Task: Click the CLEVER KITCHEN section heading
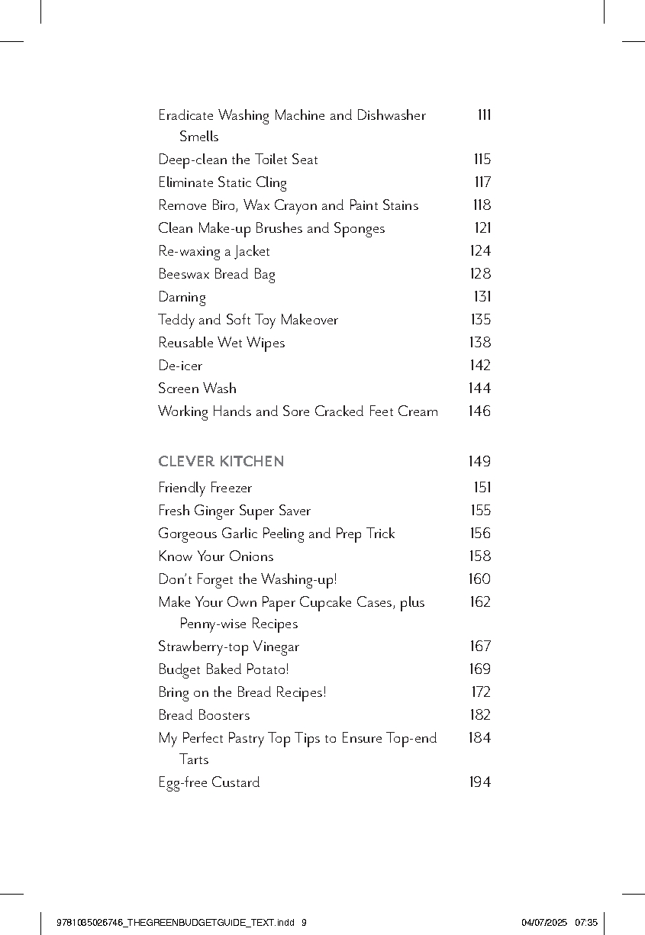coord(221,462)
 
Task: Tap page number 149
coord(479,462)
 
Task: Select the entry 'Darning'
coord(182,297)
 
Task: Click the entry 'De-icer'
coord(180,366)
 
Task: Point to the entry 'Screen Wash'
coord(197,389)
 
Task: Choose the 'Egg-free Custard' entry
coord(208,782)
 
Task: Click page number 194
coord(479,782)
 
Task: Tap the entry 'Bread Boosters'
coord(204,715)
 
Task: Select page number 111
coord(484,115)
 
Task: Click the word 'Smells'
coord(198,137)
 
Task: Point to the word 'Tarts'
coord(194,759)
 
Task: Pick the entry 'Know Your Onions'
coord(215,556)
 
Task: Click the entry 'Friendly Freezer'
coord(205,488)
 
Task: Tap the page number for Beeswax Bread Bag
coord(479,274)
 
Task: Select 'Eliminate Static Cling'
coord(222,182)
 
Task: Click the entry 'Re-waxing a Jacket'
coord(214,251)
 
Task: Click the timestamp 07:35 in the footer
coord(585,922)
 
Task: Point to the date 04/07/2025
coord(544,922)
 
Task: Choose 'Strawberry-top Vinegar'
coord(228,646)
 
